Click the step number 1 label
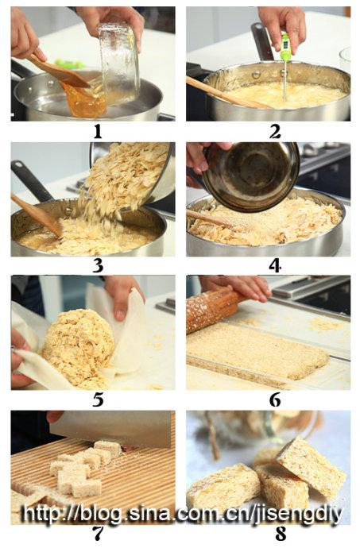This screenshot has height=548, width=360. coord(97,132)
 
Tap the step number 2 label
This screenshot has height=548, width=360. coord(275,132)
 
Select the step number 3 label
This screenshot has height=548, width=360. coord(98,266)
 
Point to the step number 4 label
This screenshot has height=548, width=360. coord(275,266)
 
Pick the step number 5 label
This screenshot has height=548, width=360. coord(98,399)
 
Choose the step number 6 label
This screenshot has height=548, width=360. coord(275,399)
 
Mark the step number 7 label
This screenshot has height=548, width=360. coord(98,534)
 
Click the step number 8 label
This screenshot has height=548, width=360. coord(281,534)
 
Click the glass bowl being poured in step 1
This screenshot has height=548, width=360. coord(119,63)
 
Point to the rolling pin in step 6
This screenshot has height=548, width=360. coord(214,308)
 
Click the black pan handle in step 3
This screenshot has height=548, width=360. coord(33,181)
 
